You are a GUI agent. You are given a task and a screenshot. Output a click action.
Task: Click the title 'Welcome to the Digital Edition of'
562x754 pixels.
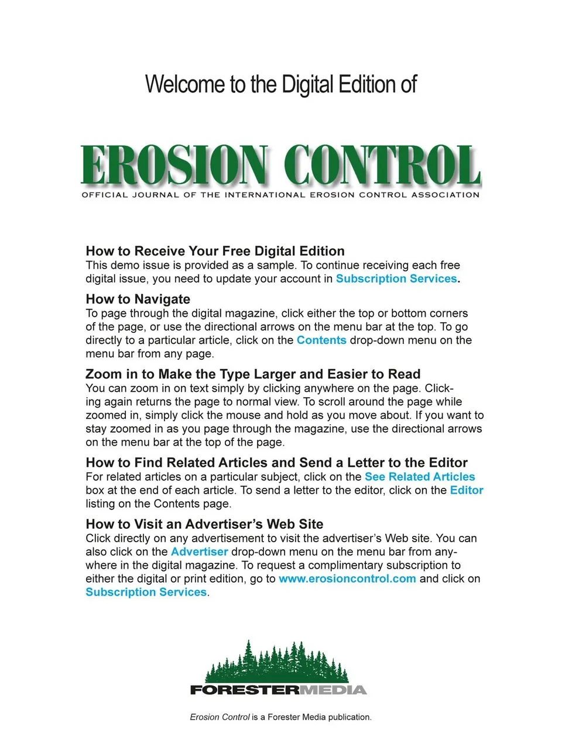coord(280,84)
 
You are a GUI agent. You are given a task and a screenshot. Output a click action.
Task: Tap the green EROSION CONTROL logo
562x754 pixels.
coord(280,165)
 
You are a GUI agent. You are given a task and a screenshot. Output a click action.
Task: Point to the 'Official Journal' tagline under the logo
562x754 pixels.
coord(280,195)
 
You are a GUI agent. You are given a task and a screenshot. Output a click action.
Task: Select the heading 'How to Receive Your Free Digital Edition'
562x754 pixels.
coord(215,251)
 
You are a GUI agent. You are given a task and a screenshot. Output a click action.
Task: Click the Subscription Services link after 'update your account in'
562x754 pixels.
coord(396,278)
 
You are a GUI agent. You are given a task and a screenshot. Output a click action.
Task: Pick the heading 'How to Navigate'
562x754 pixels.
coord(138,299)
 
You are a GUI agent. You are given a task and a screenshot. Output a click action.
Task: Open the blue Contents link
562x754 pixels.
coord(321,340)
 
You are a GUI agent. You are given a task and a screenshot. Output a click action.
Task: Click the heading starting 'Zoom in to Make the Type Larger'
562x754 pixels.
coord(253,374)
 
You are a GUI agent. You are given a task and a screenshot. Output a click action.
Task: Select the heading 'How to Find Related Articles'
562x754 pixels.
coord(276,463)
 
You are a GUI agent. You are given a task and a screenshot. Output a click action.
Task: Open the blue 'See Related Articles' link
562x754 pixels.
coord(420,477)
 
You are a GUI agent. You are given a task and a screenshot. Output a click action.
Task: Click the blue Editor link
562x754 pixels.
coord(467,490)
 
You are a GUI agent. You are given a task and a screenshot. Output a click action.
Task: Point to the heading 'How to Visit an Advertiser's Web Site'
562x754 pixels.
coord(204,524)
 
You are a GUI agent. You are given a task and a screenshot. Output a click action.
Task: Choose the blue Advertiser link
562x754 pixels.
coord(199,552)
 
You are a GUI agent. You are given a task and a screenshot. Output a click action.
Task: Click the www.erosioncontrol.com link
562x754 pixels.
coord(347,579)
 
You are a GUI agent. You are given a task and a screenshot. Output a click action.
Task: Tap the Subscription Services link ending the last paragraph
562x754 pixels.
coord(146,592)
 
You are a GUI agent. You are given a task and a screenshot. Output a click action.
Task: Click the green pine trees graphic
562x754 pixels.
coord(277,662)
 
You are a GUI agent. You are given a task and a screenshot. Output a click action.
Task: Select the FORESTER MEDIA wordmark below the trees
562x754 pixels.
coord(278,690)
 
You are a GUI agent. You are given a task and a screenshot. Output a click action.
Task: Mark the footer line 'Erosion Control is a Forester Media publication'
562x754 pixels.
coord(280,717)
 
